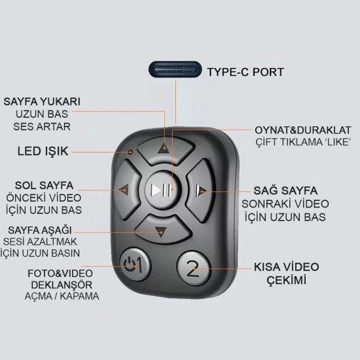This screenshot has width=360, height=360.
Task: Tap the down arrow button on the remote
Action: click(162, 230)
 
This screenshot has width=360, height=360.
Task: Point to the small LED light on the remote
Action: click(131, 152)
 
